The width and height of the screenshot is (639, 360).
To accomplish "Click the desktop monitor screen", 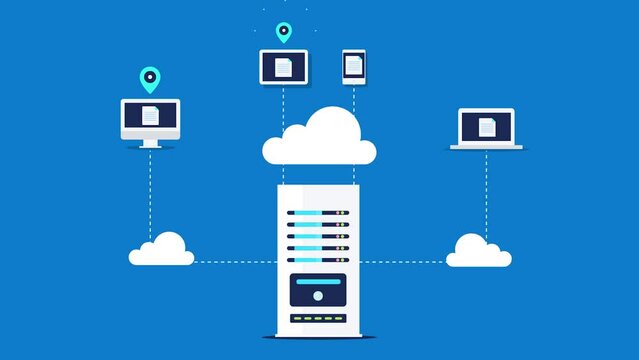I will [150, 118].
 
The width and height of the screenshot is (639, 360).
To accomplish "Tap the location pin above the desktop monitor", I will [150, 77].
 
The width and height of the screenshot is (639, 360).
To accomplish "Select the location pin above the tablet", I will [284, 32].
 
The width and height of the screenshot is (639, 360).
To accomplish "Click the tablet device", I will [284, 67].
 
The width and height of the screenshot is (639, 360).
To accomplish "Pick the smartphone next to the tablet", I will [354, 67].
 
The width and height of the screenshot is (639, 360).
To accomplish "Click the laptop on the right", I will [486, 129].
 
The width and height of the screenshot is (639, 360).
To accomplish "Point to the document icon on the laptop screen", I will [486, 126].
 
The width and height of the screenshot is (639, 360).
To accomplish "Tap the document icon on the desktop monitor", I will [150, 115].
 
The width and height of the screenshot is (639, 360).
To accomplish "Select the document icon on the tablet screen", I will [284, 67].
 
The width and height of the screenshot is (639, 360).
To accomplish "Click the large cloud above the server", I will [320, 139].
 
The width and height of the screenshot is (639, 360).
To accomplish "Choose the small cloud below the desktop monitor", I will [162, 250].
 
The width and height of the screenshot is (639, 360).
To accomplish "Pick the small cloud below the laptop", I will [478, 251].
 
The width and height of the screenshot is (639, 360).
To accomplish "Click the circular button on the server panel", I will [318, 295].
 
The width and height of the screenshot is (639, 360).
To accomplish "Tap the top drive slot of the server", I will [318, 212].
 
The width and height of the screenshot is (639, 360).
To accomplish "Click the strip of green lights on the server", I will [318, 319].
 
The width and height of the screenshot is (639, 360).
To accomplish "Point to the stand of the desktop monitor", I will [150, 143].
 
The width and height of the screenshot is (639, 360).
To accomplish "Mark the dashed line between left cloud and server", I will [235, 262].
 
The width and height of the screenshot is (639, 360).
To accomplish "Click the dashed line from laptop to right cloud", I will [486, 190].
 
